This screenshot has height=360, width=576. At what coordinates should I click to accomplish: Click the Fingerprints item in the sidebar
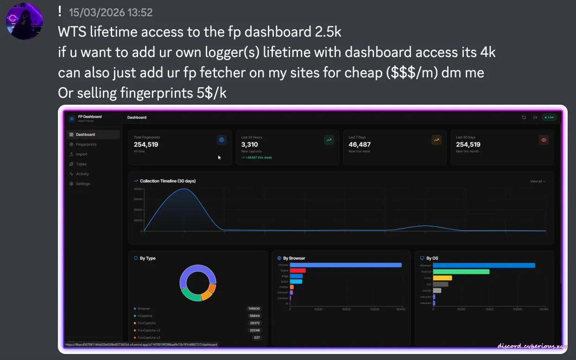pyautogui.click(x=86, y=145)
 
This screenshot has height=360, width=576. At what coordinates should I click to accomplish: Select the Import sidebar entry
pyautogui.click(x=81, y=154)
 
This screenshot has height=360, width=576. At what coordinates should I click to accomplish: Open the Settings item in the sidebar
pyautogui.click(x=82, y=184)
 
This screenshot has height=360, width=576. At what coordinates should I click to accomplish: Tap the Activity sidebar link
pyautogui.click(x=82, y=174)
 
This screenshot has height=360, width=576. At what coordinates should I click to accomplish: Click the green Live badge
pyautogui.click(x=549, y=117)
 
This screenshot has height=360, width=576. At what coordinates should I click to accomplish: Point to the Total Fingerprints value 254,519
pyautogui.click(x=146, y=145)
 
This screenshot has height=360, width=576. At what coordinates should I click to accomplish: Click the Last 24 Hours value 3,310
pyautogui.click(x=249, y=145)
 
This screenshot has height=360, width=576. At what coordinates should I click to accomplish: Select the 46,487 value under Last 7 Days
pyautogui.click(x=360, y=145)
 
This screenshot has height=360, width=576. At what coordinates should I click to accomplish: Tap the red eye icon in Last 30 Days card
pyautogui.click(x=544, y=140)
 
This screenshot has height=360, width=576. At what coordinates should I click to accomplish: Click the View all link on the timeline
pyautogui.click(x=538, y=182)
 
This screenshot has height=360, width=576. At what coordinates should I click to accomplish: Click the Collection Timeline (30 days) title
pyautogui.click(x=167, y=181)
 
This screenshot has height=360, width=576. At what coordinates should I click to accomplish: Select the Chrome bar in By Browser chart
pyautogui.click(x=345, y=265)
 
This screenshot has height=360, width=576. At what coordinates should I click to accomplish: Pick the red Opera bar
pyautogui.click(x=297, y=271)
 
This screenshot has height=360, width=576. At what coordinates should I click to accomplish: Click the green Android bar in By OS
pyautogui.click(x=461, y=272)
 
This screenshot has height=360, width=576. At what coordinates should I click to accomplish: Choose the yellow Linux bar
pyautogui.click(x=442, y=278)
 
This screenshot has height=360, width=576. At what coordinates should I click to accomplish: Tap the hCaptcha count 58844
pyautogui.click(x=254, y=316)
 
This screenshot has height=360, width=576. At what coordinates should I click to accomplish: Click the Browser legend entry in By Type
pyautogui.click(x=144, y=309)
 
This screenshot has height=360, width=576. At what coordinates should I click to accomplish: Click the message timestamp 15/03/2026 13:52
pyautogui.click(x=111, y=13)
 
